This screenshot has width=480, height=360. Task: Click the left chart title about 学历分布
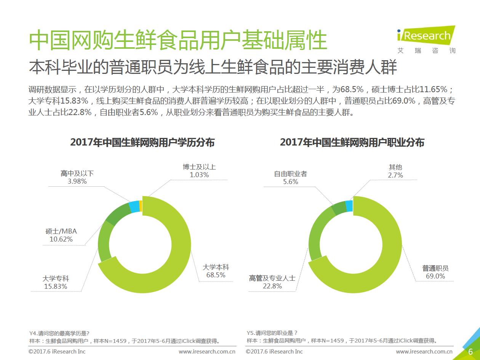click(142, 142)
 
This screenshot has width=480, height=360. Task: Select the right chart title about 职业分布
click(352, 142)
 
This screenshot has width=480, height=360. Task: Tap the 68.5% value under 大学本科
click(216, 275)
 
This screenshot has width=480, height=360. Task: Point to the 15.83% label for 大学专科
click(56, 286)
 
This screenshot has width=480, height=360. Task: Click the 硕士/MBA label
click(61, 231)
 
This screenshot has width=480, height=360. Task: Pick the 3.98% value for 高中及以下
click(77, 181)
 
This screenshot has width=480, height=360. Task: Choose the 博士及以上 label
click(199, 167)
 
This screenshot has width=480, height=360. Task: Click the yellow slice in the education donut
click(141, 206)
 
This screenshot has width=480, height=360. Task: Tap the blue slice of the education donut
click(134, 207)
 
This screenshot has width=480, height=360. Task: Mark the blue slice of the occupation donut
click(349, 206)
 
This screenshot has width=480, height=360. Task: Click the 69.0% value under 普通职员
click(435, 276)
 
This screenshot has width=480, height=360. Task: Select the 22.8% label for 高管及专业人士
click(272, 286)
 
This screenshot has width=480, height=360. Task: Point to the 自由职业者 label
click(290, 174)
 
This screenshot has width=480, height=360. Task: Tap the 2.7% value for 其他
click(395, 175)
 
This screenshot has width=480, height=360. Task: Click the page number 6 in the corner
click(470, 351)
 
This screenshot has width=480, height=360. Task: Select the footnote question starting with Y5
click(272, 333)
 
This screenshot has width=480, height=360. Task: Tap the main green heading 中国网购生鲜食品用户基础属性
click(178, 40)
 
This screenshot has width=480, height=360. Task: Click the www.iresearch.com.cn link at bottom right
click(424, 352)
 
